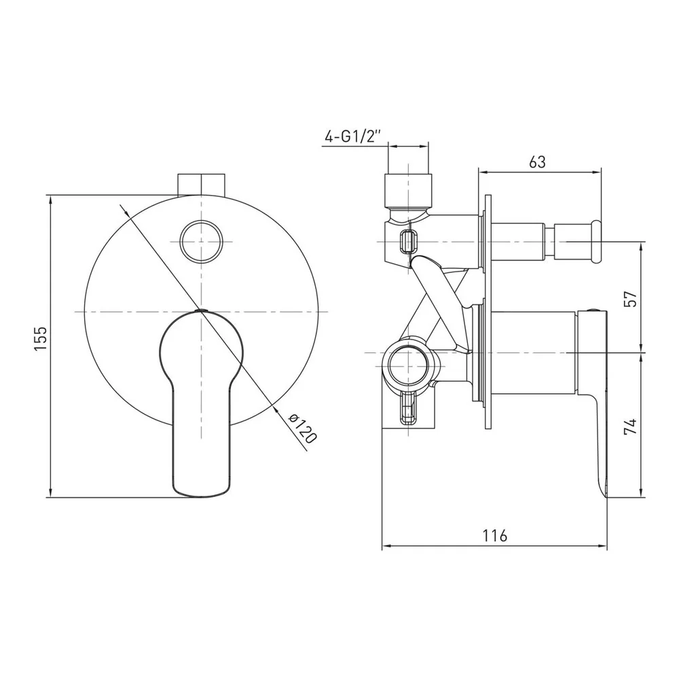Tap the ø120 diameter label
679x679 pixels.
[x=303, y=428]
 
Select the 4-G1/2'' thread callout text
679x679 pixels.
[x=352, y=136]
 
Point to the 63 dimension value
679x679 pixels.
[x=537, y=162]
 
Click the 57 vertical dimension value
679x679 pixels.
[x=631, y=299]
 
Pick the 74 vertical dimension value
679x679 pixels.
[x=631, y=426]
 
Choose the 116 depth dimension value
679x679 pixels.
[x=494, y=536]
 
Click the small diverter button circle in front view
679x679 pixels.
[x=202, y=242]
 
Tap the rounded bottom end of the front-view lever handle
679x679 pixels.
[x=201, y=493]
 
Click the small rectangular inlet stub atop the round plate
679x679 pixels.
[x=202, y=185]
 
